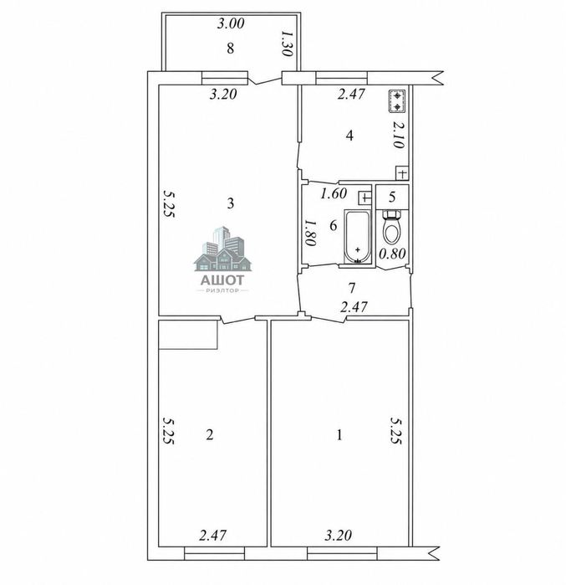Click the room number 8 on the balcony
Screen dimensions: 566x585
pos(230,49)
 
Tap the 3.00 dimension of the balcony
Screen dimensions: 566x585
pos(231,23)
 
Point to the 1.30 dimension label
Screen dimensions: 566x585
pos(287,44)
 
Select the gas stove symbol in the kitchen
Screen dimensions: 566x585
pos(398,101)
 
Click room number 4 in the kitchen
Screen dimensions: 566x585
pos(349,136)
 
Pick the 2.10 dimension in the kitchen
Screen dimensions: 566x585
pos(398,135)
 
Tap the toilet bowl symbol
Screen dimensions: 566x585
pos(392,227)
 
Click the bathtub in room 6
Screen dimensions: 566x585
pos(358,237)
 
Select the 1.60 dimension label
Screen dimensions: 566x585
pos(334,193)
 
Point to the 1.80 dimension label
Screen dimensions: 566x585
pos(310,233)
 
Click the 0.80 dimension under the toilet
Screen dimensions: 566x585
pos(392,254)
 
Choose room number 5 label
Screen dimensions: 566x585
pos(391,197)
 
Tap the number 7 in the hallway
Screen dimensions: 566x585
pos(351,288)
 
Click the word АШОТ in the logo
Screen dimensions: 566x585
pos(222,280)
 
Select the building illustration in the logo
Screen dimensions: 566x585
pos(223,249)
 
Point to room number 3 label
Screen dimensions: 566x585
pos(231,203)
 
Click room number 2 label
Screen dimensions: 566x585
pos(210,434)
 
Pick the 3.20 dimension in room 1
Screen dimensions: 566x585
pos(338,536)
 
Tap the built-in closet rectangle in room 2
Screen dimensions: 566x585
pos(188,334)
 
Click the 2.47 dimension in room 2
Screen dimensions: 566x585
pos(212,536)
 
